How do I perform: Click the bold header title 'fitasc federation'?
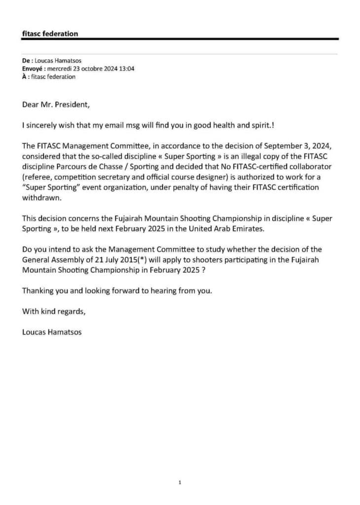click(x=50, y=34)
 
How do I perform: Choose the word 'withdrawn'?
click(x=40, y=198)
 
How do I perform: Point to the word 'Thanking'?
click(x=39, y=291)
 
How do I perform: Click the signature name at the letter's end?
click(x=52, y=332)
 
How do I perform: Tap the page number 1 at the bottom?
click(x=180, y=482)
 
